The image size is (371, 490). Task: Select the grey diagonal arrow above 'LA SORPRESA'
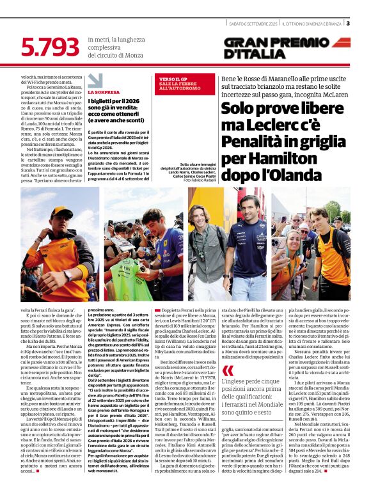pos(95,81)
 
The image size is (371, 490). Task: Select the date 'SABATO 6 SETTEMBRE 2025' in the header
pos(255,24)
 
